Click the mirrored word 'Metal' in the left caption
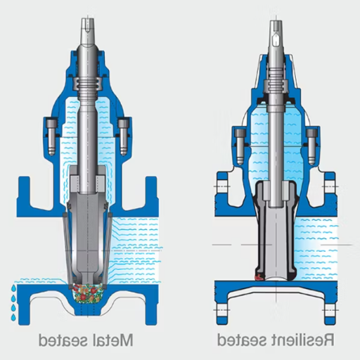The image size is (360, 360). click(x=115, y=340)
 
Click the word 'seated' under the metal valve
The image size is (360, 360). click(x=67, y=340)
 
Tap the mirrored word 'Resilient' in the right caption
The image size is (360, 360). click(x=304, y=340)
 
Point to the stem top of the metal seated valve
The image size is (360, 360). click(x=89, y=18)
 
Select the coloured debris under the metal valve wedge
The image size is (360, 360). click(x=89, y=292)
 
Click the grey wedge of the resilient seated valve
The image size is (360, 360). click(x=276, y=232)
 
